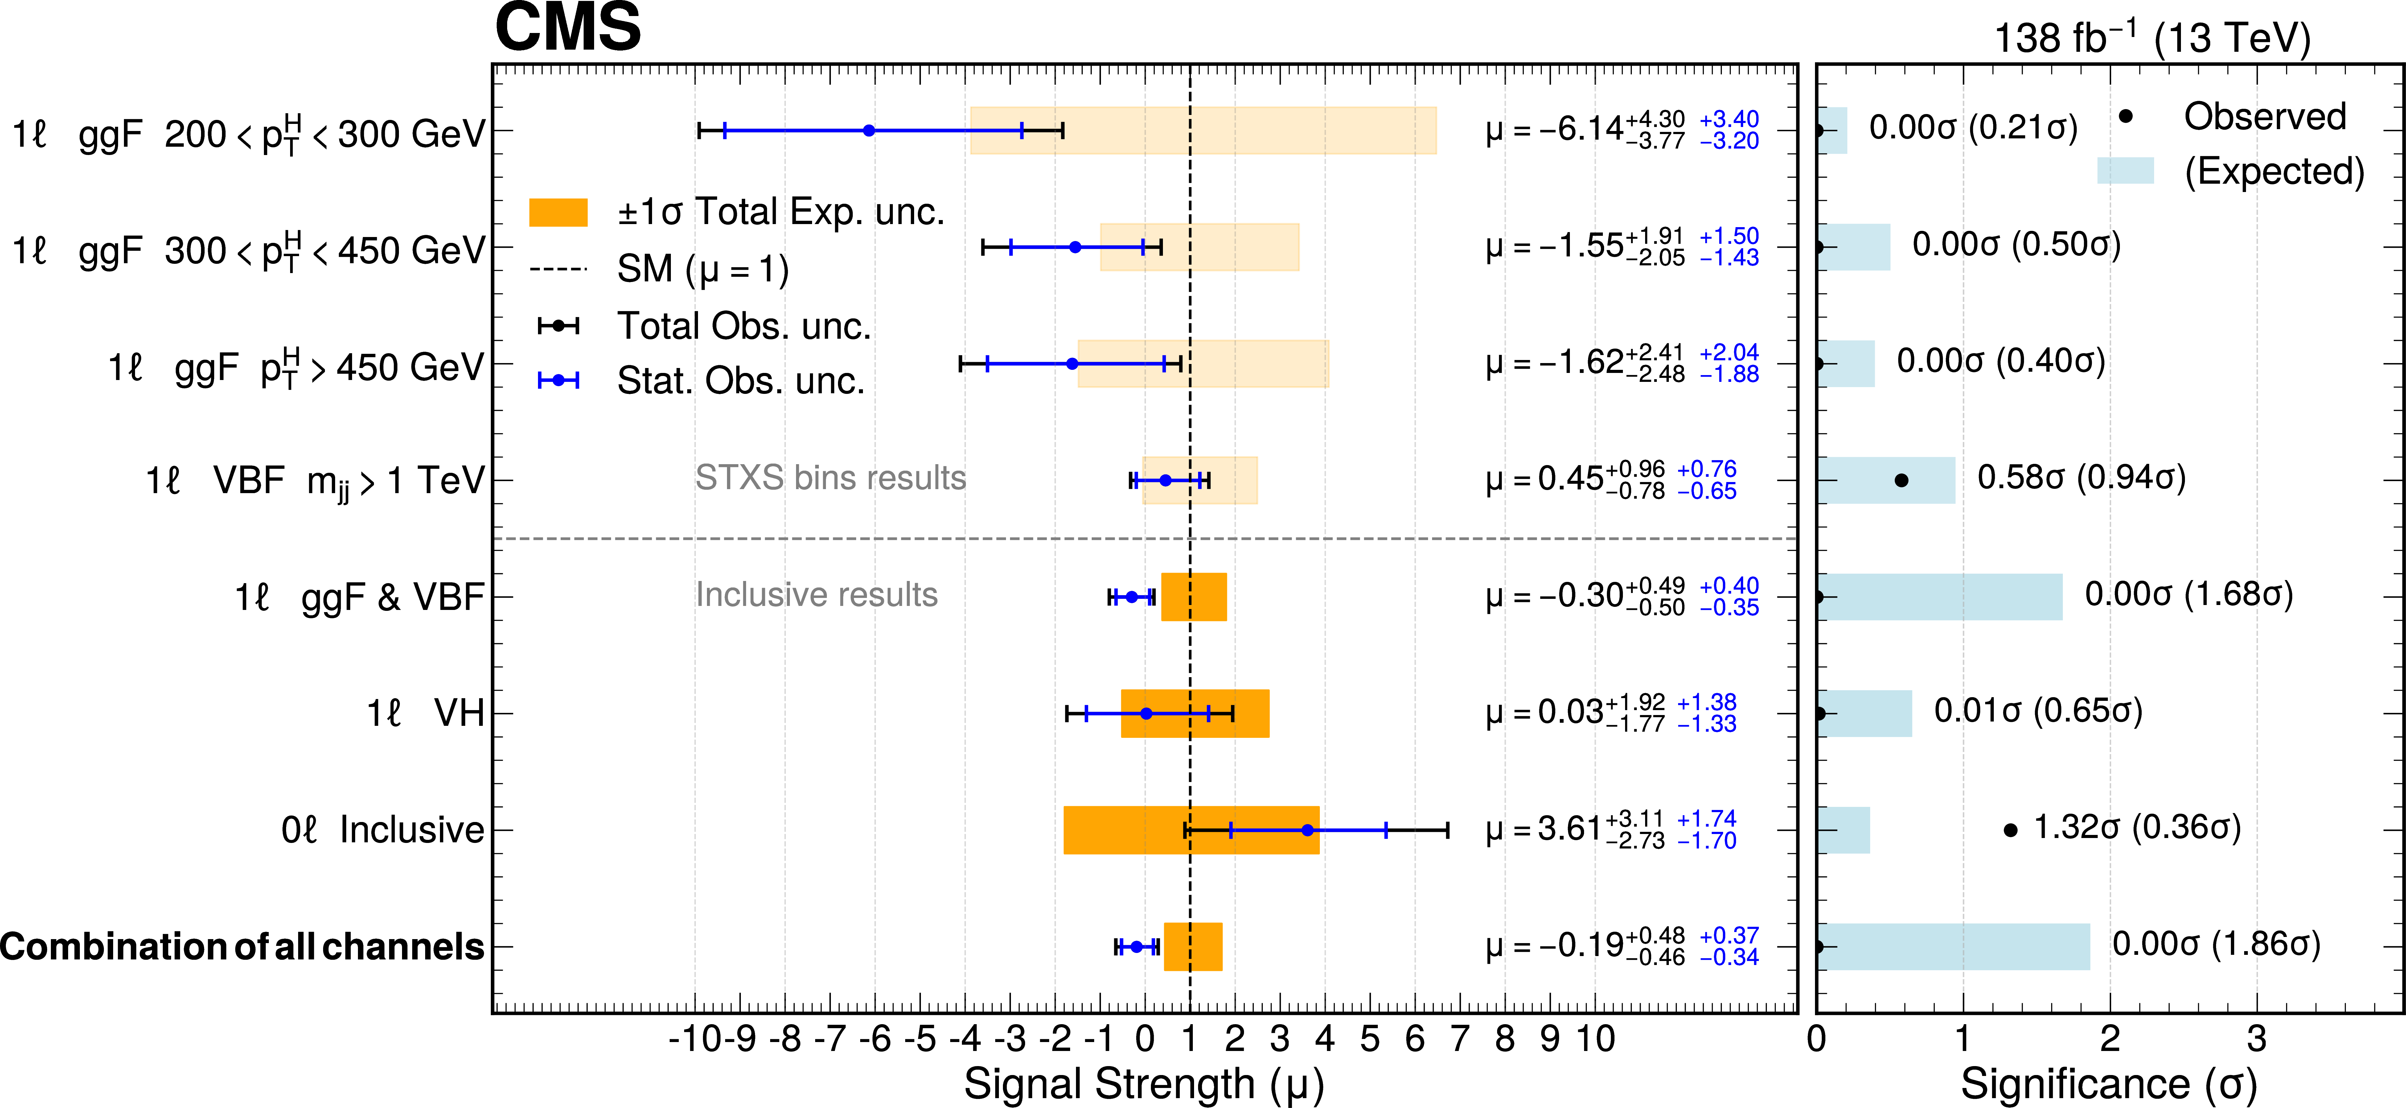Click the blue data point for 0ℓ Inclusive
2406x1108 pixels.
tap(1307, 830)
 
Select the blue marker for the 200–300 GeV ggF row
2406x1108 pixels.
tap(868, 131)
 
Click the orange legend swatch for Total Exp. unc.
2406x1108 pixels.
tap(558, 213)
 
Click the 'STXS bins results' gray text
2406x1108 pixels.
tap(830, 478)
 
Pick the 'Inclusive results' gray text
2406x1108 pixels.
tap(816, 595)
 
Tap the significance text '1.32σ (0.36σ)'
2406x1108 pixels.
tap(2137, 827)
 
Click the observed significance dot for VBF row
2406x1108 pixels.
tap(1901, 481)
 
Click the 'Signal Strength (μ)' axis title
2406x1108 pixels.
tap(1144, 1085)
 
